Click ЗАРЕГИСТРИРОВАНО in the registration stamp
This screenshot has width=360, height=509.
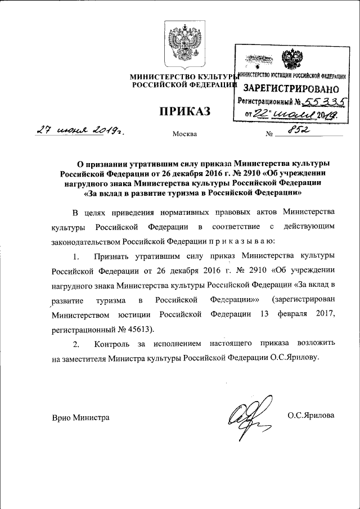coord(292,89)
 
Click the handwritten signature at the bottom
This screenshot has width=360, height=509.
coord(244,417)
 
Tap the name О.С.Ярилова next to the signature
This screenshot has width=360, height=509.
coord(310,415)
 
